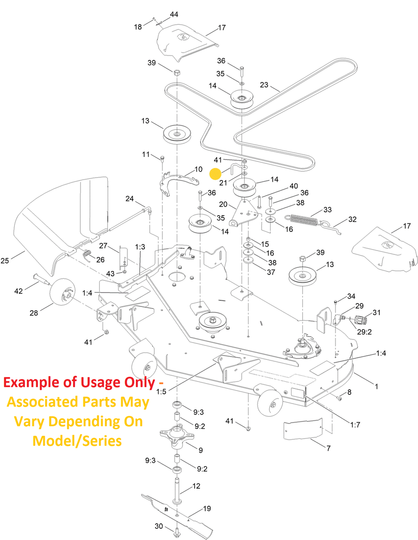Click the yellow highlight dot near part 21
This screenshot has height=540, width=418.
tap(215, 174)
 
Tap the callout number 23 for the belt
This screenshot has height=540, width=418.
tap(264, 85)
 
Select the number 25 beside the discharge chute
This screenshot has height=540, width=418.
tap(5, 260)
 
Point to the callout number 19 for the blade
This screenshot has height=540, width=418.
tap(207, 509)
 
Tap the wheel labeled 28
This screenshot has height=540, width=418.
tap(62, 291)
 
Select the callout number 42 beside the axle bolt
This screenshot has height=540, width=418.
tap(18, 291)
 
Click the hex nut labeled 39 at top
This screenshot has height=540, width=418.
tap(177, 73)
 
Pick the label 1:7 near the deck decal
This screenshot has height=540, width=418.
tap(355, 425)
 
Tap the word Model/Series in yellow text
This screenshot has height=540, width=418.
tap(77, 441)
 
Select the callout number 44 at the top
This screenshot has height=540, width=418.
tap(174, 15)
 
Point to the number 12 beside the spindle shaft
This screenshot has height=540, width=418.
tap(196, 486)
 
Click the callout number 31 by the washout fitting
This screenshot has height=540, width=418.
tap(376, 313)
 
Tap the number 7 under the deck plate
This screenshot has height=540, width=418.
tap(328, 448)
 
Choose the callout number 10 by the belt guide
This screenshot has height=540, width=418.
tap(198, 169)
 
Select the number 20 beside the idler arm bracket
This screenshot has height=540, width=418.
tap(223, 204)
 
